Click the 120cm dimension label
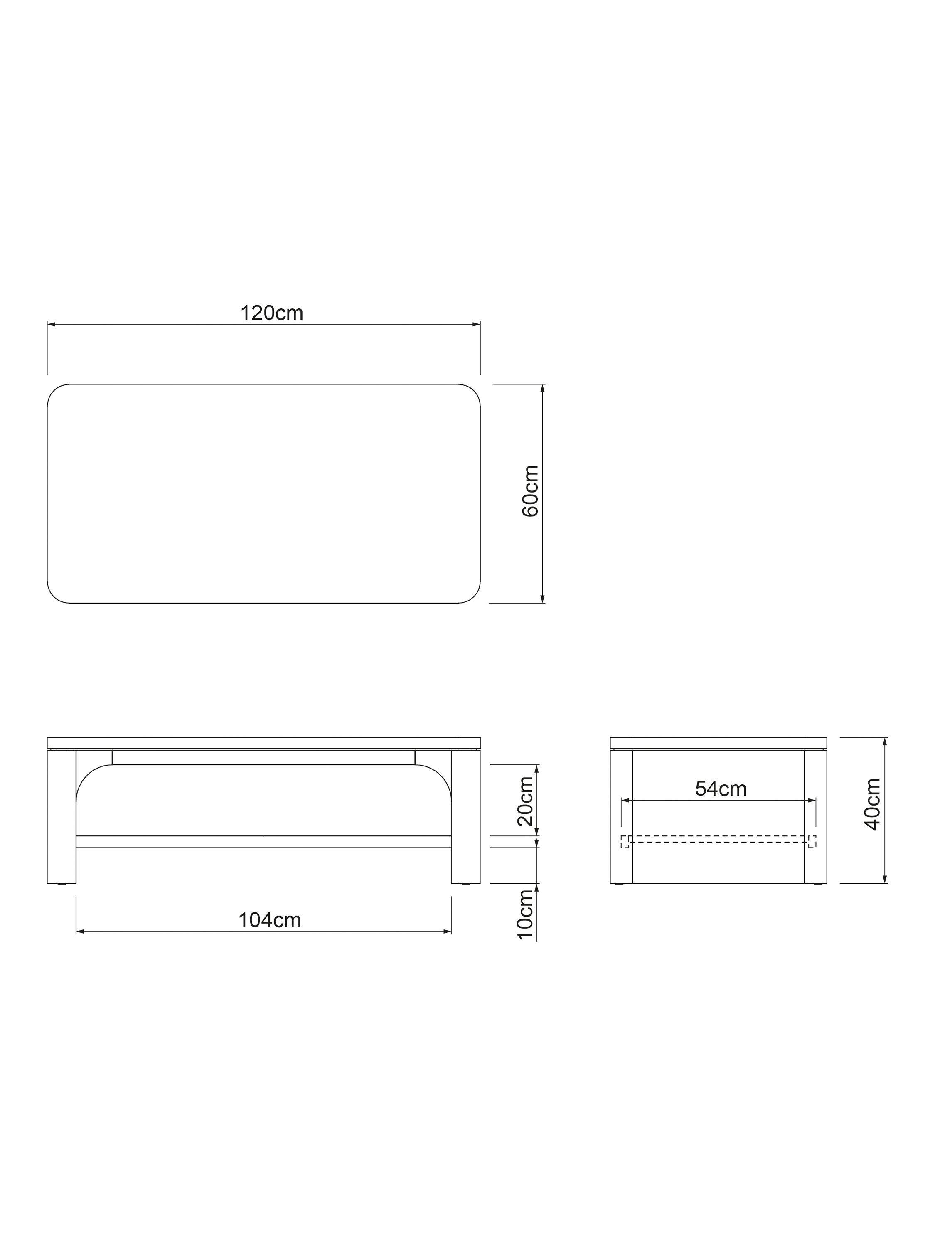tap(272, 313)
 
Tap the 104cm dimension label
tap(269, 920)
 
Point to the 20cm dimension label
tap(525, 801)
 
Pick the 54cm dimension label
tap(720, 789)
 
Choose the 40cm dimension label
tap(872, 804)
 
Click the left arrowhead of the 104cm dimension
tap(79, 932)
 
